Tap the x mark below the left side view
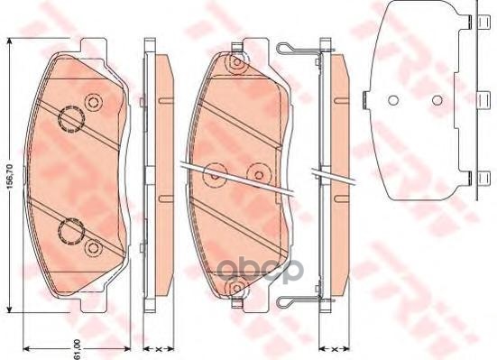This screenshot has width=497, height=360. click(157, 347)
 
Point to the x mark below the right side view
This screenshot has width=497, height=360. click(334, 347)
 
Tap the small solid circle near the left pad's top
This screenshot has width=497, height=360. click(91, 100)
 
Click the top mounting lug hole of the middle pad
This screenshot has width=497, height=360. click(235, 64)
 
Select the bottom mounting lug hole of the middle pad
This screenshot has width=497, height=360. click(237, 288)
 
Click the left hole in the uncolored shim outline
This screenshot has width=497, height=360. click(393, 100)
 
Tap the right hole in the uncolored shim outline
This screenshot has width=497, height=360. click(436, 99)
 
